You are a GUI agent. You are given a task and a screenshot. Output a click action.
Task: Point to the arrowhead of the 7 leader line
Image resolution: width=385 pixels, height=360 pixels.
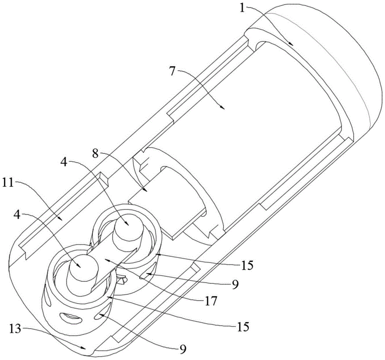click(223, 108)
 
